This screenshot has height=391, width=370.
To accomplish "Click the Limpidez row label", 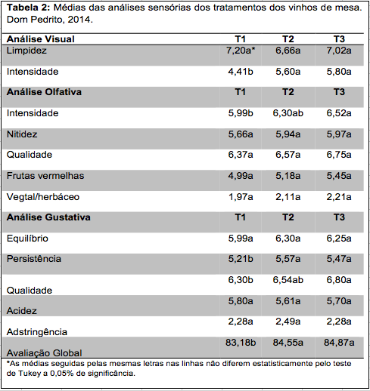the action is click(26, 51).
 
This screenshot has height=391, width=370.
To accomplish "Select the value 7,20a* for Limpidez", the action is click(241, 51).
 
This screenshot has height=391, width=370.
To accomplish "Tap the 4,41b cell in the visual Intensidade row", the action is click(241, 72).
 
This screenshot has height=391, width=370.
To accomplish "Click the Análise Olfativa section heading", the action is click(44, 92).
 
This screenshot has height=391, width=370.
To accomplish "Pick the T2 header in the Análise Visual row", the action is click(288, 39).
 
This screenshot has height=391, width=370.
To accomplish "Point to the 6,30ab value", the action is click(288, 113).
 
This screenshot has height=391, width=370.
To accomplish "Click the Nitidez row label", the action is click(22, 134).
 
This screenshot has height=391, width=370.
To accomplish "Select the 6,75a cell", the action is click(339, 155).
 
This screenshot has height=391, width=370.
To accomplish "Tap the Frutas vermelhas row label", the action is click(45, 176).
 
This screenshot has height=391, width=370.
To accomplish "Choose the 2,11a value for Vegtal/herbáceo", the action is click(288, 197).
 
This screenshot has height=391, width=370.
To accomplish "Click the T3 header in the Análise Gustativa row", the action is click(339, 217).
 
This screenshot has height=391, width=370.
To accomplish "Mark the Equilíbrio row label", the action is click(27, 239).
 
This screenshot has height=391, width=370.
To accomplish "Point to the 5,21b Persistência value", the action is click(241, 259).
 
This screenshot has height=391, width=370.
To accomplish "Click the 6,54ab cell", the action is click(288, 280).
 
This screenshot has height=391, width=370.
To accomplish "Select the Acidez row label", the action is click(22, 311).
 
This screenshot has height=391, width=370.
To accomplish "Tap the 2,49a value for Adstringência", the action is click(288, 322).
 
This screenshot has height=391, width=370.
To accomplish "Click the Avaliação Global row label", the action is click(45, 353).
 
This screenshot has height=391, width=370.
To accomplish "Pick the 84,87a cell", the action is click(339, 343).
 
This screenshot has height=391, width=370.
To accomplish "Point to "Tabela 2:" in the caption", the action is click(29, 8).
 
